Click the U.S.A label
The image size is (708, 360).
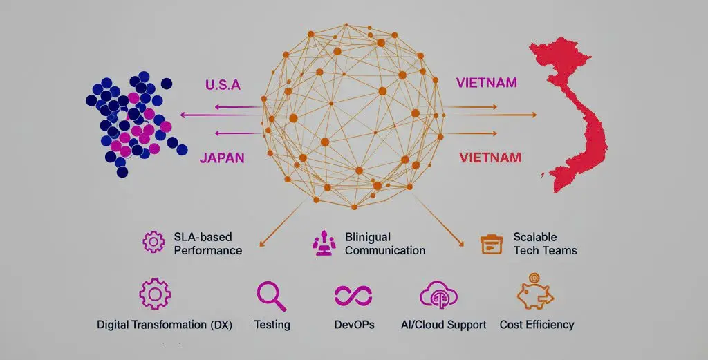[232, 86]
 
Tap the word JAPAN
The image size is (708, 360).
[221, 158]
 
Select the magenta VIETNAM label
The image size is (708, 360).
[486, 83]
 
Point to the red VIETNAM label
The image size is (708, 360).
[490, 158]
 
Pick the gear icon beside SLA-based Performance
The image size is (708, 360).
[153, 243]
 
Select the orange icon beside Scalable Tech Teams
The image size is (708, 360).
[491, 243]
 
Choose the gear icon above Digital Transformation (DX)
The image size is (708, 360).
[155, 294]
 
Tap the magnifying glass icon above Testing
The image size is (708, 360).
[271, 296]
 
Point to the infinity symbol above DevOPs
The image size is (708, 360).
[353, 296]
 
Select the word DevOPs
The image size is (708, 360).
[353, 324]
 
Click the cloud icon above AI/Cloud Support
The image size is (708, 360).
[439, 295]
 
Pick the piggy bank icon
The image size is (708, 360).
[535, 293]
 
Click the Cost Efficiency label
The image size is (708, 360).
[537, 324]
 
